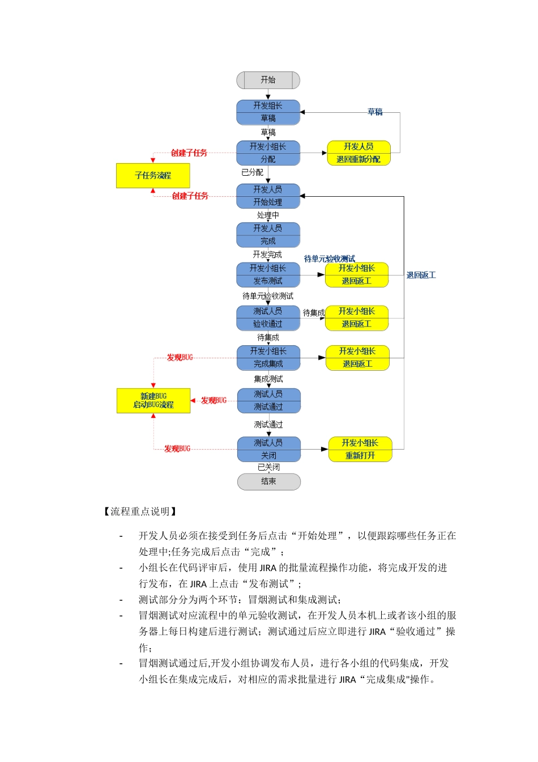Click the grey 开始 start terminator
[x=268, y=81]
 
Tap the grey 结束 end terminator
[x=268, y=481]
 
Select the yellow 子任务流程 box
[x=153, y=176]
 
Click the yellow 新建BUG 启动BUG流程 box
[x=153, y=400]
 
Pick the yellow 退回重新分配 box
[x=358, y=153]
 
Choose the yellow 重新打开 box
[x=360, y=449]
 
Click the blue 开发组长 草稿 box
[x=268, y=112]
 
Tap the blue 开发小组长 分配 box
[x=268, y=153]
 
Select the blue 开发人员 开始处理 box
[x=268, y=196]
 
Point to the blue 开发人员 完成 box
[x=268, y=235]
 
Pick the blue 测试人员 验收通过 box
[x=268, y=317]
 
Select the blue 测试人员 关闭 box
[x=268, y=449]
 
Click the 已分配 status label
[x=252, y=172]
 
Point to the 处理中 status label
[x=268, y=215]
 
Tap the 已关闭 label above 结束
[x=268, y=467]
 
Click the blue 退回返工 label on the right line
[x=421, y=275]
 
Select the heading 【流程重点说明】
[x=140, y=511]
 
